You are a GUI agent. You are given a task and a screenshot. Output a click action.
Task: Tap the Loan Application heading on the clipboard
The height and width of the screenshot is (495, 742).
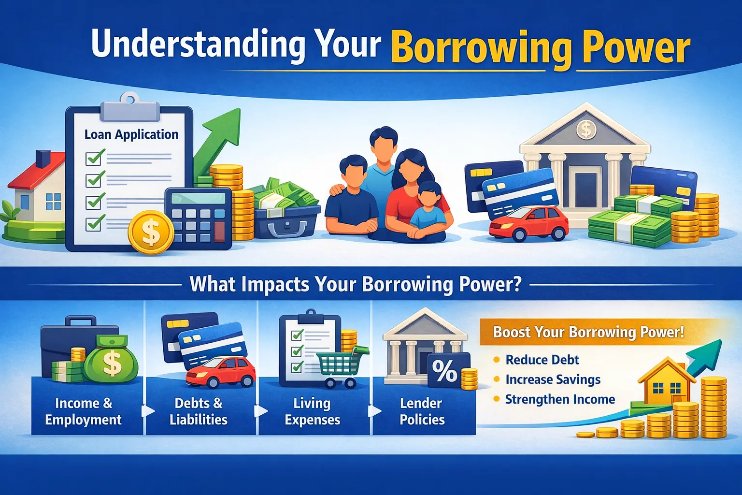point(131,134)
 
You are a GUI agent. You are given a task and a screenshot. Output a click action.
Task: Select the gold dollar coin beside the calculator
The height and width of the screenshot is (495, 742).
point(151,232)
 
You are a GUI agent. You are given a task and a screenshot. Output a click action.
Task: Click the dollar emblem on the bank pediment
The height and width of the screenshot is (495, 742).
point(585,129)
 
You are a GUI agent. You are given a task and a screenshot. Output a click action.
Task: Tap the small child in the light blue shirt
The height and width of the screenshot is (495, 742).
point(428,212)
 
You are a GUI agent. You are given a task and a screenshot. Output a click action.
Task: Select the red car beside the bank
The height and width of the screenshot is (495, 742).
point(528,223)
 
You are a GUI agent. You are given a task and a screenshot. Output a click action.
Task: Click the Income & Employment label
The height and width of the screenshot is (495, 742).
point(84,411)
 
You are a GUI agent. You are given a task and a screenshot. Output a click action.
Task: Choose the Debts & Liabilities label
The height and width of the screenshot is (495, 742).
point(199,411)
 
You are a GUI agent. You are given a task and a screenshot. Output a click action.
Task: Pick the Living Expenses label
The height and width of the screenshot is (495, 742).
point(313,411)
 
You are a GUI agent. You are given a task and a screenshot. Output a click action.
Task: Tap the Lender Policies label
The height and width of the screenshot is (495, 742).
point(422,411)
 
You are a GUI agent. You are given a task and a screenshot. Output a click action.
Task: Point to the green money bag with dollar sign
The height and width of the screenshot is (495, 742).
point(112,360)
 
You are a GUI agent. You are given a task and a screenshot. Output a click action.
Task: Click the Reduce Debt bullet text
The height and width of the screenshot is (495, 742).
point(542,360)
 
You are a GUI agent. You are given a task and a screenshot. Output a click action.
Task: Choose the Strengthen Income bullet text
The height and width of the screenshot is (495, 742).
point(560,399)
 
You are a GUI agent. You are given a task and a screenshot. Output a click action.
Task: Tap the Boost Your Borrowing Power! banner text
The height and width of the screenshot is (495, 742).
point(588,332)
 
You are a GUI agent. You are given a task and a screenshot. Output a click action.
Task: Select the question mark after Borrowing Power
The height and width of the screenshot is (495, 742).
point(515,284)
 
